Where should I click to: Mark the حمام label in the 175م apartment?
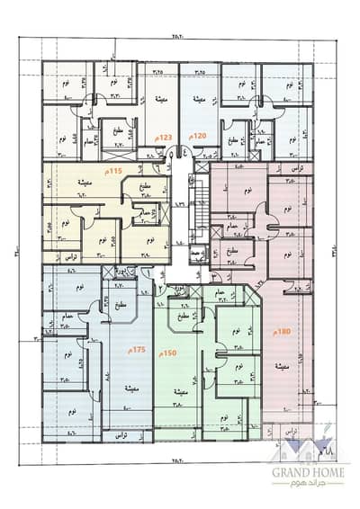coord(67,316)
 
